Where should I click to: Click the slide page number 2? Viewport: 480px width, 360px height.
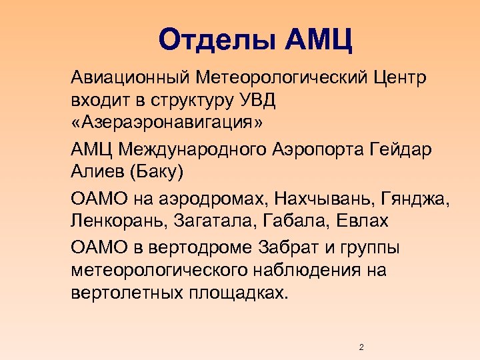(x=361, y=347)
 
